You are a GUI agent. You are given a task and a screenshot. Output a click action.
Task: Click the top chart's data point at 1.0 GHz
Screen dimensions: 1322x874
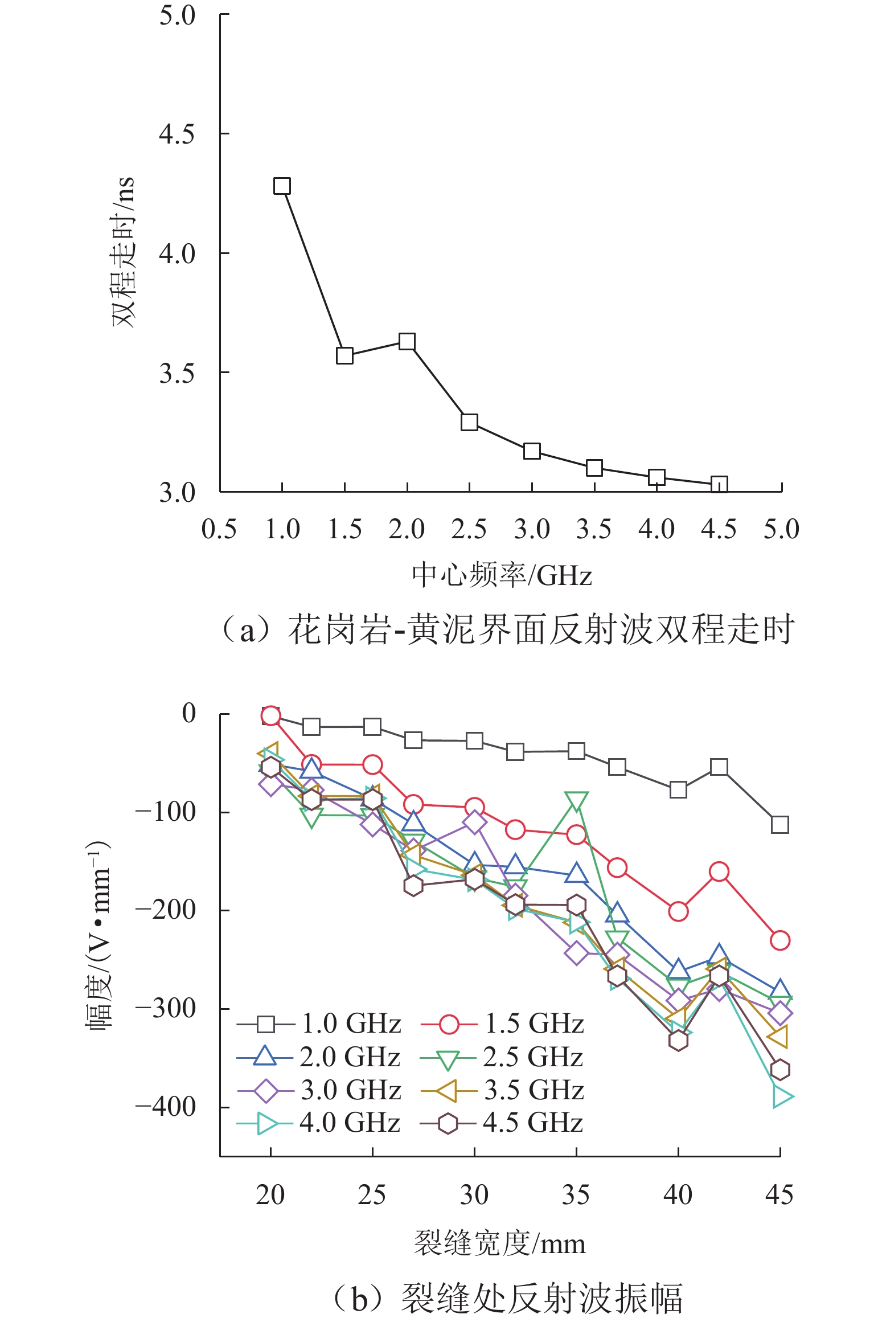(282, 186)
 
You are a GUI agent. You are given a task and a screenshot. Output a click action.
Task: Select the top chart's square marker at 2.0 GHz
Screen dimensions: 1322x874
(407, 342)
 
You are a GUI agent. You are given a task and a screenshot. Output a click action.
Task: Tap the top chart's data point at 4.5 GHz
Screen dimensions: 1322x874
(719, 485)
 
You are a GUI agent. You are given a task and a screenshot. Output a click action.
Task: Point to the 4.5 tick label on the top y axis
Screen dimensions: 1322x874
(177, 134)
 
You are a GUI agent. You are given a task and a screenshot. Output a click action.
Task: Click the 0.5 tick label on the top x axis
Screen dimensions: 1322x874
(219, 529)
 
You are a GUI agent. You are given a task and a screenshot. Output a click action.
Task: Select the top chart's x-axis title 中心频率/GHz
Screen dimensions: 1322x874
(502, 575)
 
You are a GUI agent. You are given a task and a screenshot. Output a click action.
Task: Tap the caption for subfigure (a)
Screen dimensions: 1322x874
(507, 630)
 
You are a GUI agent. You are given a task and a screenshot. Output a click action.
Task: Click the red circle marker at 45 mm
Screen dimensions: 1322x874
(779, 940)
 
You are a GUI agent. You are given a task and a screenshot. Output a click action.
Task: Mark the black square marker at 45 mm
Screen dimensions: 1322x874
(779, 824)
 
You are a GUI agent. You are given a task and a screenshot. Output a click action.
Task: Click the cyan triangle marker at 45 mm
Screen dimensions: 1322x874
(782, 1096)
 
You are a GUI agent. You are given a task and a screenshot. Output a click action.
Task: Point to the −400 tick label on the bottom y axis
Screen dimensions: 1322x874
(166, 1107)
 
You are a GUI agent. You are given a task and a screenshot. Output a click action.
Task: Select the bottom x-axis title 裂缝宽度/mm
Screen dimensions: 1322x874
(500, 1243)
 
